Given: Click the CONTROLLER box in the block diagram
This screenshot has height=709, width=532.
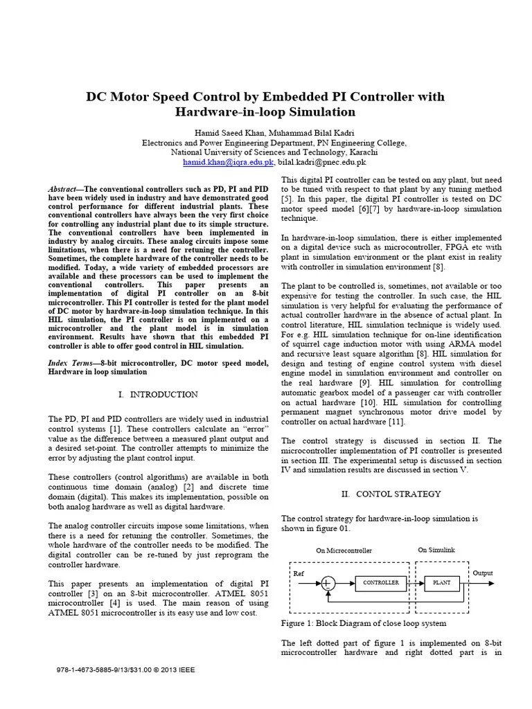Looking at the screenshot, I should (380, 583).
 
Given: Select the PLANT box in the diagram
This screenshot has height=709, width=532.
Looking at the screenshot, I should (441, 583).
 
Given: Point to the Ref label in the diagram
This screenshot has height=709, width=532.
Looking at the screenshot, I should (299, 574).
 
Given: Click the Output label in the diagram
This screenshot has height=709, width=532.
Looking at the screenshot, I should (483, 573).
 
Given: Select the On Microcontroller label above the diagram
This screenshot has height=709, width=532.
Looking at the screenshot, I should (344, 550).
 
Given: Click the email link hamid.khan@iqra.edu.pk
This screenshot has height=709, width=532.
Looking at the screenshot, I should (229, 162).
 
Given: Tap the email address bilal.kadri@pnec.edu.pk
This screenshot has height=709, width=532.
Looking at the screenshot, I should (322, 162).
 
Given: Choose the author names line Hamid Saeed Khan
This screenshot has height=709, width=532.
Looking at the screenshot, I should (265, 132).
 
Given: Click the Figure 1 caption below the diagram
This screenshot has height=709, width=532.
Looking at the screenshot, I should (364, 623).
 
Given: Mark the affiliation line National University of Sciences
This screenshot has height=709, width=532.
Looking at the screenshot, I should (265, 152).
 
